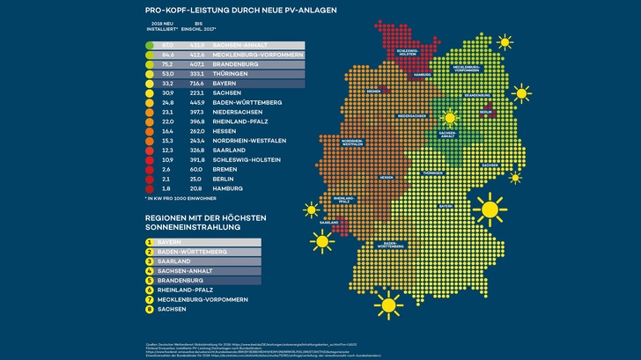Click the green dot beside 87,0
(151, 45)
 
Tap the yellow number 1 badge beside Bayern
(151, 241)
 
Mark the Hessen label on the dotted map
(385, 177)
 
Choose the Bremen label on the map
(373, 92)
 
